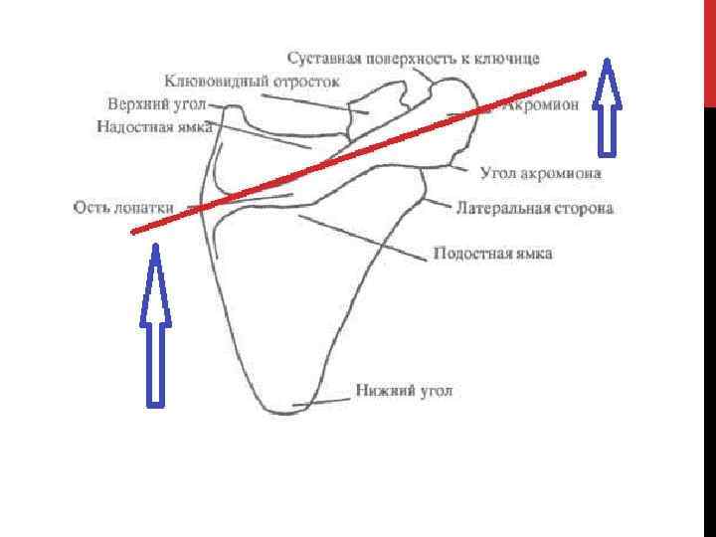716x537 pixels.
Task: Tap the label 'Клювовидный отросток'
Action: [253, 80]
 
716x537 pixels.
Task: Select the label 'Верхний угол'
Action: [154, 104]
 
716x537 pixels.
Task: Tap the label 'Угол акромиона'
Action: [541, 173]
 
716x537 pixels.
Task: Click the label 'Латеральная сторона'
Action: [535, 209]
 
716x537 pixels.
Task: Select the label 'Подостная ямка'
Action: [492, 255]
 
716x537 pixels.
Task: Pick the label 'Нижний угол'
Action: [405, 391]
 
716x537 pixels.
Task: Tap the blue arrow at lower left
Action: [155, 328]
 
